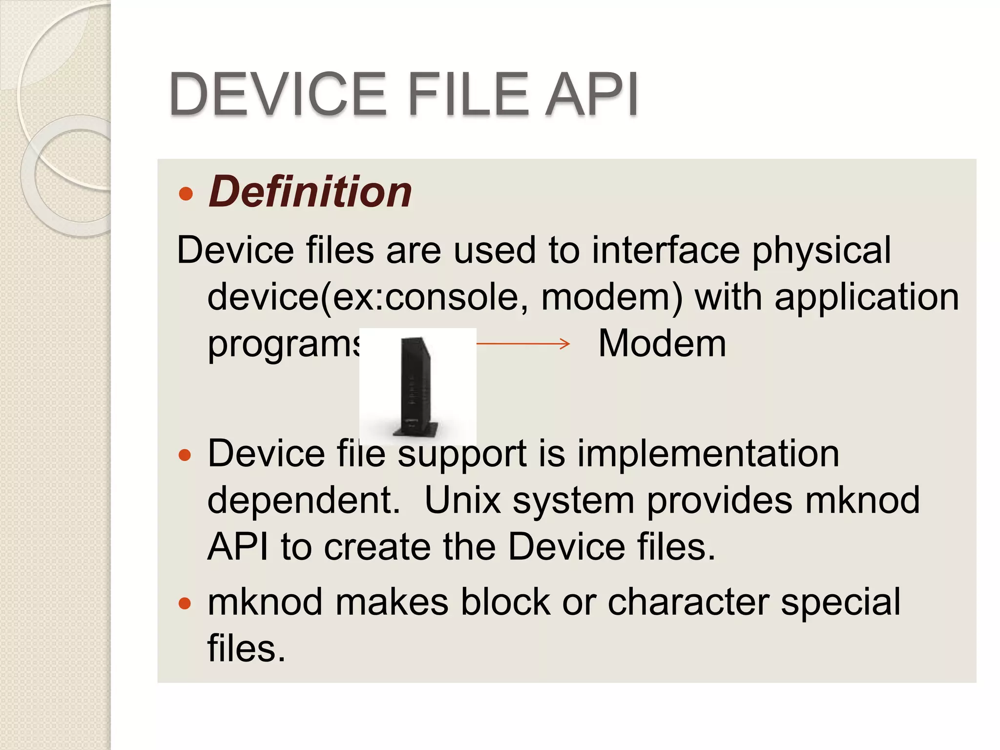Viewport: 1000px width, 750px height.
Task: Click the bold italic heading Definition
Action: tap(310, 192)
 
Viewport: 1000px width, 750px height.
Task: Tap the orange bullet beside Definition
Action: tap(186, 194)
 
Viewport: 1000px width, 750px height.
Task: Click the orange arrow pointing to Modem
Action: tap(522, 344)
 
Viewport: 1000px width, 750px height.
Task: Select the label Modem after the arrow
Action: tap(662, 344)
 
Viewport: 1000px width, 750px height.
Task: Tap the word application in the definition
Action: tap(867, 297)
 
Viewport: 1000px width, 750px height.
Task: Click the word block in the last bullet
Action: tap(505, 602)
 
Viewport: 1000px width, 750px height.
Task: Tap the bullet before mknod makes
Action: tap(185, 604)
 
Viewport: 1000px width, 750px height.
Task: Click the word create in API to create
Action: tap(377, 547)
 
